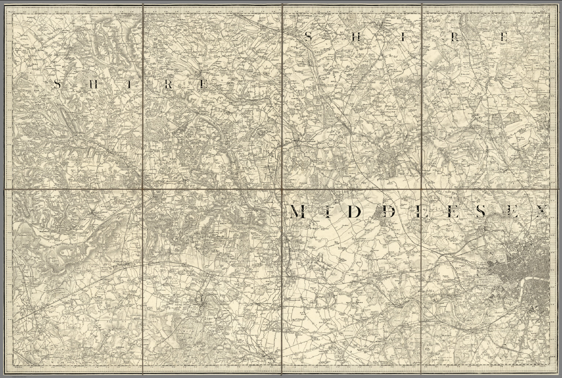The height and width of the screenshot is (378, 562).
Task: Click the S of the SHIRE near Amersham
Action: pos(57,85)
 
